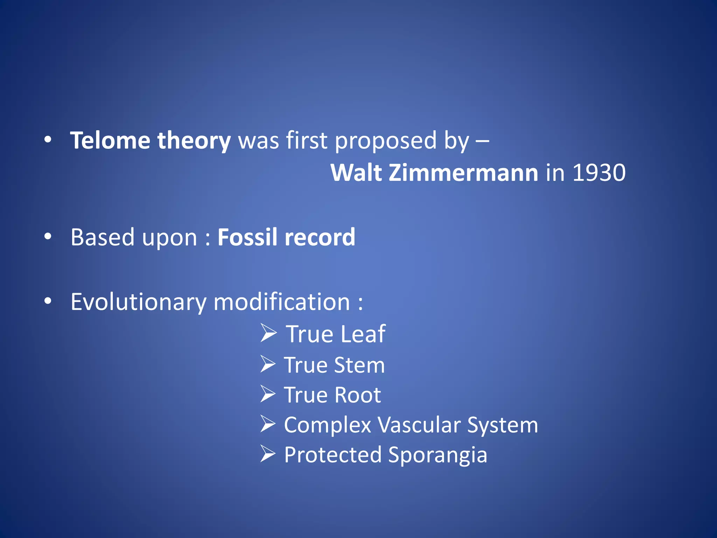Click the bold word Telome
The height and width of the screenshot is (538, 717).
(x=110, y=140)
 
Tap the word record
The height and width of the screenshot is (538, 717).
(x=320, y=237)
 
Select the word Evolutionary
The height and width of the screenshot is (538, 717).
(x=139, y=302)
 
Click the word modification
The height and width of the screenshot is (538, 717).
(x=282, y=302)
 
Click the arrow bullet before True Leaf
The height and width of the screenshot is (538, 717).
(x=269, y=333)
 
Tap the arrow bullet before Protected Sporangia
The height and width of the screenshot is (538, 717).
(x=268, y=454)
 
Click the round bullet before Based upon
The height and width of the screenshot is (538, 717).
(x=48, y=237)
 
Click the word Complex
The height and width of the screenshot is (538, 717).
(x=327, y=425)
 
